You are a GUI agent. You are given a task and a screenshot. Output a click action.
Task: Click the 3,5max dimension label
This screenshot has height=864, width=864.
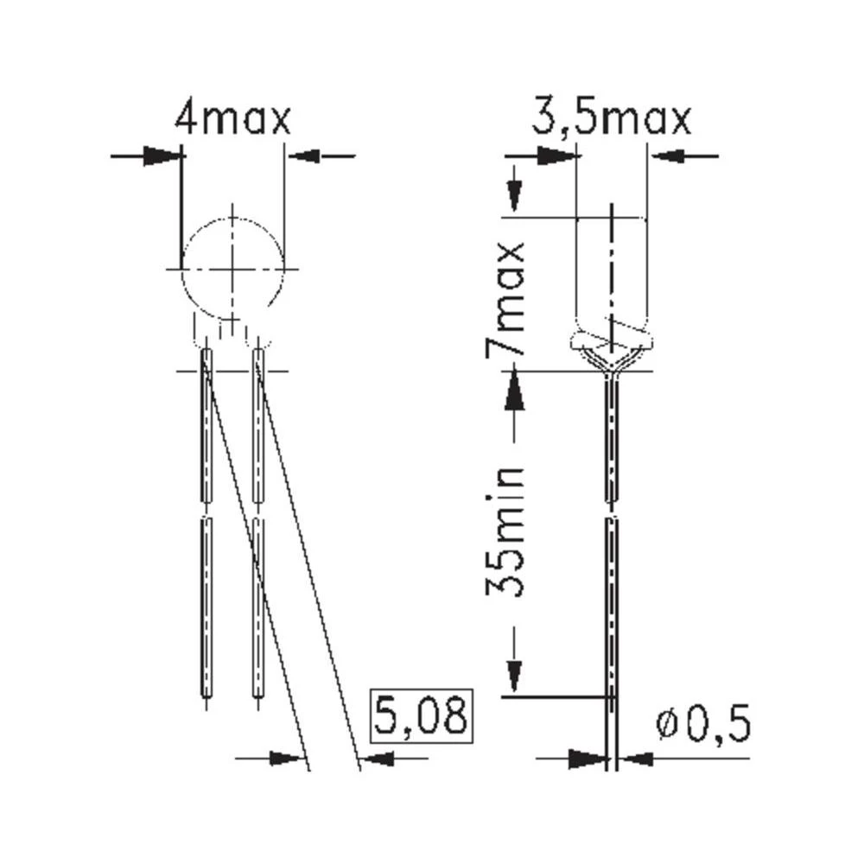click(x=611, y=119)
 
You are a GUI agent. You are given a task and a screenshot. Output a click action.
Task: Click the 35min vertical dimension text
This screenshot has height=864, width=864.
click(x=505, y=531)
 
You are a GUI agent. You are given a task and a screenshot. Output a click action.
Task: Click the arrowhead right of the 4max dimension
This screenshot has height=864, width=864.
click(x=302, y=156)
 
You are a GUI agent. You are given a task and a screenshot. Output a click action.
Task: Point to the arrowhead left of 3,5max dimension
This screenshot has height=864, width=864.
click(x=559, y=156)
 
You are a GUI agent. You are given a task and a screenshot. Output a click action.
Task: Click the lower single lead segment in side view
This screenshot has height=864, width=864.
click(x=612, y=605)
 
